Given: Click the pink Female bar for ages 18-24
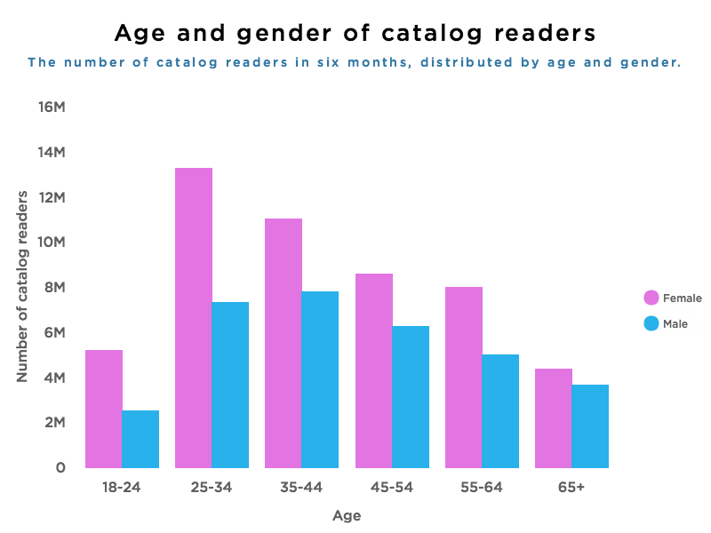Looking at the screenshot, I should click(104, 409).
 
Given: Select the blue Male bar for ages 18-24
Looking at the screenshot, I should click(140, 439).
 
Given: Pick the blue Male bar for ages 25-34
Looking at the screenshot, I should click(230, 385).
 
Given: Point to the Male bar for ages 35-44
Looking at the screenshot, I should click(320, 379).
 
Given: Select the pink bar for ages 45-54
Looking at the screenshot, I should click(374, 370).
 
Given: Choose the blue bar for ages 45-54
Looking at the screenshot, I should click(411, 396).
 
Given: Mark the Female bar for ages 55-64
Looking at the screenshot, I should click(464, 377).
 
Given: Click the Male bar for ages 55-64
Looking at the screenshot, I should click(500, 410).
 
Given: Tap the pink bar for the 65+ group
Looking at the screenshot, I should click(554, 418).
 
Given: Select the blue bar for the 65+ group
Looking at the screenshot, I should click(590, 426).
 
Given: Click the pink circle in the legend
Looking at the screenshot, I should click(651, 298).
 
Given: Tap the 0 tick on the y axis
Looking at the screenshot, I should click(60, 467).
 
